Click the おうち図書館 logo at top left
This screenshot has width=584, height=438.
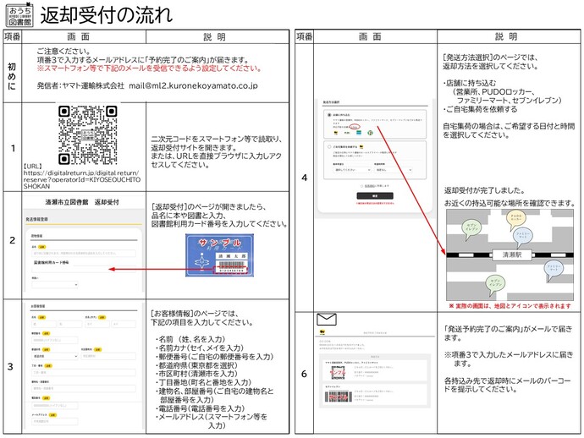[17, 15]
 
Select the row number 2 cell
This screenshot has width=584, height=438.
[12, 240]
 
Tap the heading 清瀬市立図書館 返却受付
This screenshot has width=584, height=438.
[82, 202]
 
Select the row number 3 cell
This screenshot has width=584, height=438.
[12, 366]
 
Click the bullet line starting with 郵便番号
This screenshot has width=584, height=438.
[212, 357]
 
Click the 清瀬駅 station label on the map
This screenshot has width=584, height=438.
[510, 253]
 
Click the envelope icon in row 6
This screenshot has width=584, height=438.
[327, 320]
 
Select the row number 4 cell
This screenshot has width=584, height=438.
[305, 178]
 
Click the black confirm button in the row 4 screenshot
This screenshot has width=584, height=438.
[364, 194]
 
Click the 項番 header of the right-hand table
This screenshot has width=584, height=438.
[305, 37]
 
